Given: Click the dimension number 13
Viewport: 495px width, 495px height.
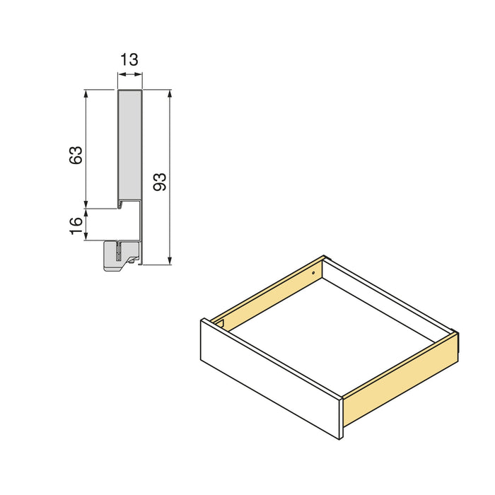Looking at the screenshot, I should tap(129, 59).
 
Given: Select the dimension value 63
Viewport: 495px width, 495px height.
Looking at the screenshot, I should tap(76, 155).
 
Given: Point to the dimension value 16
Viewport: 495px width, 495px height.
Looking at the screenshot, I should tap(76, 226).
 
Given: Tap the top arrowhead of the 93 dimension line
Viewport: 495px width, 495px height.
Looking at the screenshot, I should tap(170, 93).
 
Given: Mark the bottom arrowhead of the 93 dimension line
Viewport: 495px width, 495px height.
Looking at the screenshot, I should tap(170, 261).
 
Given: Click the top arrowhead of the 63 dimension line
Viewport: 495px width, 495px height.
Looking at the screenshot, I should tap(86, 93).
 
